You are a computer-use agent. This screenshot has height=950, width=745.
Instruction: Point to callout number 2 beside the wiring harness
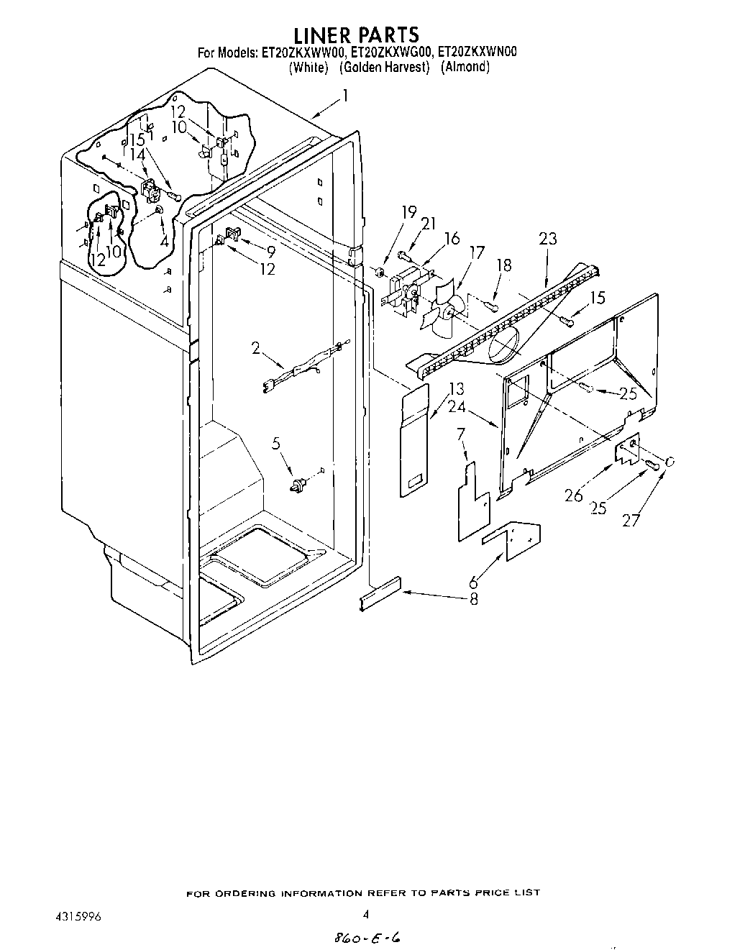pyautogui.click(x=256, y=348)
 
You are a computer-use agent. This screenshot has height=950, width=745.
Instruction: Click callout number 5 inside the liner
pyautogui.click(x=277, y=444)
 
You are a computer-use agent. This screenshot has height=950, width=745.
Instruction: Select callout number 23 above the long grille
pyautogui.click(x=548, y=239)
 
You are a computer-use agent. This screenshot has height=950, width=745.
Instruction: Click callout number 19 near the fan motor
pyautogui.click(x=409, y=212)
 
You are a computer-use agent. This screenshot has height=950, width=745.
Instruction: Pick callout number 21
pyautogui.click(x=429, y=224)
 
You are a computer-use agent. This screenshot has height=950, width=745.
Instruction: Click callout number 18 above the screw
pyautogui.click(x=504, y=265)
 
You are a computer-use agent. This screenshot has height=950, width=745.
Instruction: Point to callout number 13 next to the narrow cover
pyautogui.click(x=456, y=389)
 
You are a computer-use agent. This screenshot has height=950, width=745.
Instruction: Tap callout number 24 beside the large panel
pyautogui.click(x=457, y=407)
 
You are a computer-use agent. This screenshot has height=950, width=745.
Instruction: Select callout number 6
pyautogui.click(x=473, y=584)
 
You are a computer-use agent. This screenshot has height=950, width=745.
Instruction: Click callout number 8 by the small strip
pyautogui.click(x=473, y=598)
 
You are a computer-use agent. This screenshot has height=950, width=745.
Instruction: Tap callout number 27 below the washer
pyautogui.click(x=631, y=520)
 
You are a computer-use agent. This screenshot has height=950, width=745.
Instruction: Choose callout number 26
pyautogui.click(x=573, y=495)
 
